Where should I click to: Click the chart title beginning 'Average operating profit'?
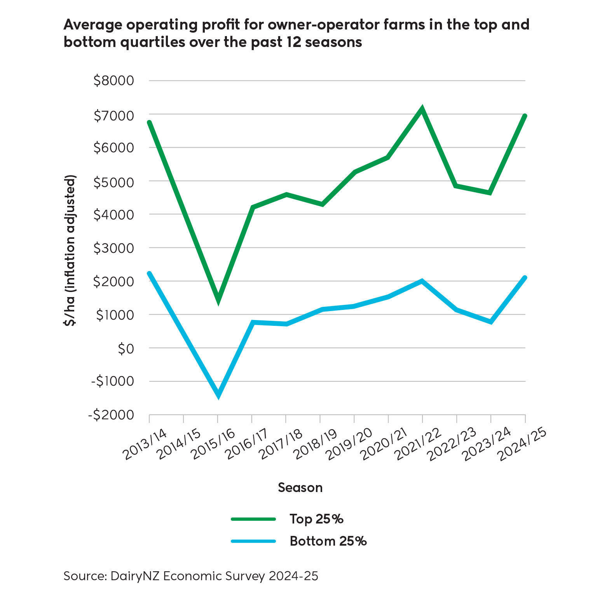296,33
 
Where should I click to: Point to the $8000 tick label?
113,81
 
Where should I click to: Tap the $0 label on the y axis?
126,349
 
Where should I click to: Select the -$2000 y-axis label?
111,415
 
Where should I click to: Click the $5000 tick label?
113,181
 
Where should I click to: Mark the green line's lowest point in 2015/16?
218,300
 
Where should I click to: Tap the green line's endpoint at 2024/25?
525,116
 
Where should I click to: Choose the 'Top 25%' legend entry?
287,519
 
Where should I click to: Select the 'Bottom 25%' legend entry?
299,541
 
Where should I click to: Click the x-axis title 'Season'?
300,488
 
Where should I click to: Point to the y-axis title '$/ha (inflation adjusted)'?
70,250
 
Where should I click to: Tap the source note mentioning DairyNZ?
191,576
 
